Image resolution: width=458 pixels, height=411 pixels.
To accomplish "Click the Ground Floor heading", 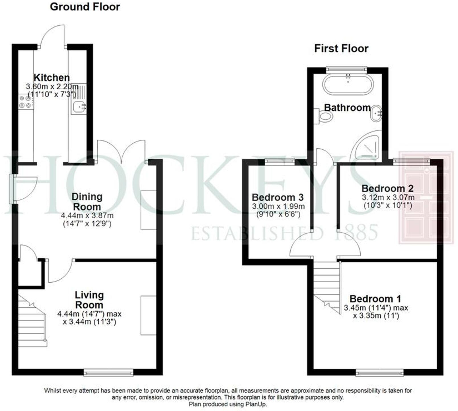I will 85,7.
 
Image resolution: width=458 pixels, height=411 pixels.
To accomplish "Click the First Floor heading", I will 341,48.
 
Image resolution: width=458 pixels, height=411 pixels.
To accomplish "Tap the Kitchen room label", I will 52,77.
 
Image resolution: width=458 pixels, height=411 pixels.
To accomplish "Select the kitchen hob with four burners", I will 25,102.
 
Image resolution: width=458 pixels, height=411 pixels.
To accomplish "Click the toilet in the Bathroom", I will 325,116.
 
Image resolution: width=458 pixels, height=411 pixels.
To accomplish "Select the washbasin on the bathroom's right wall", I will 376,113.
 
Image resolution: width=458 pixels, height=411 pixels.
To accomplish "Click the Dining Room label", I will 87,202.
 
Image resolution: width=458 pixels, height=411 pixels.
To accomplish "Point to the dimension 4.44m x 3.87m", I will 87,216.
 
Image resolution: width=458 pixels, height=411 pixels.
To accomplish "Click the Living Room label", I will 89,300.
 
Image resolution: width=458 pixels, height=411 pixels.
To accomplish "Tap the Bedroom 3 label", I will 278,197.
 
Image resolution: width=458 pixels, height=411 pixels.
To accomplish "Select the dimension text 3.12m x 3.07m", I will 388,197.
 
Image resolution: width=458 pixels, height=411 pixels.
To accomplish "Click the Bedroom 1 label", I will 375,299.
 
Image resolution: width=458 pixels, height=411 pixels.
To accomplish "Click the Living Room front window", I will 108,372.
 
